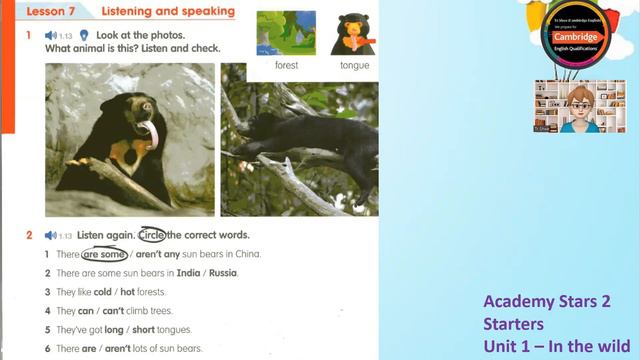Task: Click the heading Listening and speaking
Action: click(168, 12)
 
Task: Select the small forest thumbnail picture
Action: click(287, 33)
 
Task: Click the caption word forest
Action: click(287, 66)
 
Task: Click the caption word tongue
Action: click(354, 66)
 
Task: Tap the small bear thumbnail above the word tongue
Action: click(354, 33)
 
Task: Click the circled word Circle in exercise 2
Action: click(152, 235)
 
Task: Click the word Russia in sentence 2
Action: click(223, 273)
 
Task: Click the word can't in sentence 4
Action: click(126, 311)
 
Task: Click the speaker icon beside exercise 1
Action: click(50, 35)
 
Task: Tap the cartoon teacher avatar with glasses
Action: click(579, 106)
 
